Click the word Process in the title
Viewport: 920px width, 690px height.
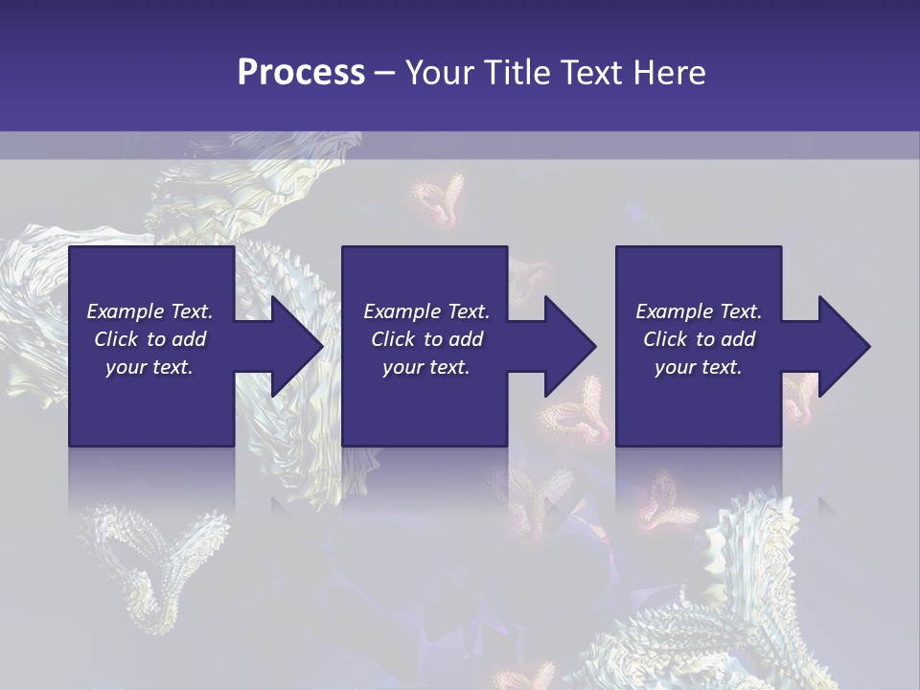pos(301,73)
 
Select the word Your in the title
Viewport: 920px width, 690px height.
pos(440,73)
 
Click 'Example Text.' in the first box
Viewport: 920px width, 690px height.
pos(149,311)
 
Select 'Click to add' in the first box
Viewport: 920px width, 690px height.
pos(149,339)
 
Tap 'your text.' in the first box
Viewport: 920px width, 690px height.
pos(149,367)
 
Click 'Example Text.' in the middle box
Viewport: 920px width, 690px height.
pos(426,311)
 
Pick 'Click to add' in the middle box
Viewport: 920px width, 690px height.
pos(426,339)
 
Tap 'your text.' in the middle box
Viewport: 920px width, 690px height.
pos(426,367)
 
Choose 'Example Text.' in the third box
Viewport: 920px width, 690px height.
pos(699,311)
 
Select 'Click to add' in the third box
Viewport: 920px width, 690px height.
pos(699,339)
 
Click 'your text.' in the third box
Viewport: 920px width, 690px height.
pos(699,367)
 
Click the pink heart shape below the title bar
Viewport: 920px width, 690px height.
pos(440,199)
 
